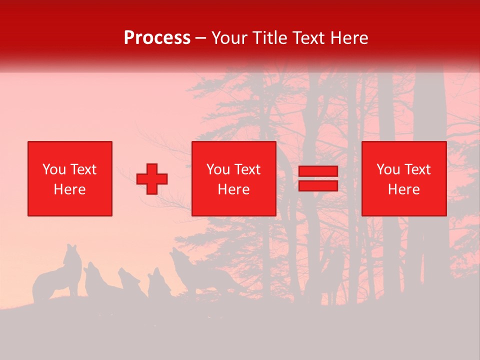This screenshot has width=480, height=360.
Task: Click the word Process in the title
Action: click(x=157, y=38)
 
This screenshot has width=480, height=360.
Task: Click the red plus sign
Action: click(x=152, y=179)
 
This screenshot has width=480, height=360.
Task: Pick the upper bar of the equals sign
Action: click(x=318, y=172)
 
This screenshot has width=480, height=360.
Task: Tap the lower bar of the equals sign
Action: click(x=318, y=185)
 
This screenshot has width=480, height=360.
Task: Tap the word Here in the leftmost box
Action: click(x=69, y=189)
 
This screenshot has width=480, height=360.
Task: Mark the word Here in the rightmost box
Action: click(x=404, y=189)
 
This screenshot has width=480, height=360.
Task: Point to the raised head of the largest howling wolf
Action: click(x=176, y=256)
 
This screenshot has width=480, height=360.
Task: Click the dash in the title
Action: click(x=201, y=38)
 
